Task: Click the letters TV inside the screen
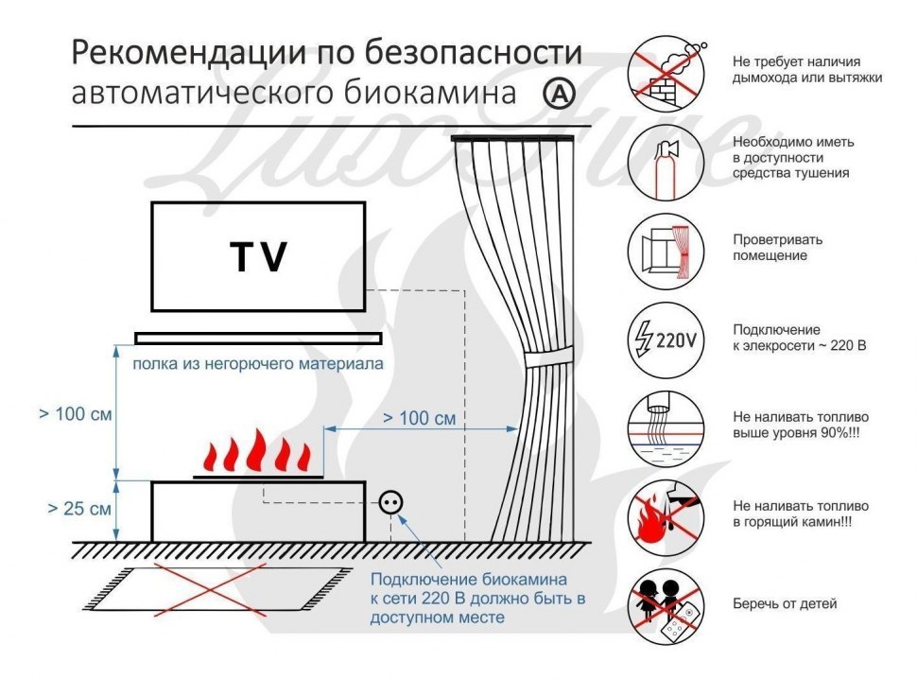(258, 257)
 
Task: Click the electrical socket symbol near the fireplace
(389, 503)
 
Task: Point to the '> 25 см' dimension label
(79, 509)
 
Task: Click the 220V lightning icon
(666, 338)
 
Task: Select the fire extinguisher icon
(666, 161)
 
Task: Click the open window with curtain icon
(666, 248)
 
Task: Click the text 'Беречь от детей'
(784, 603)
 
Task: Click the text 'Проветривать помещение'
(778, 248)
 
